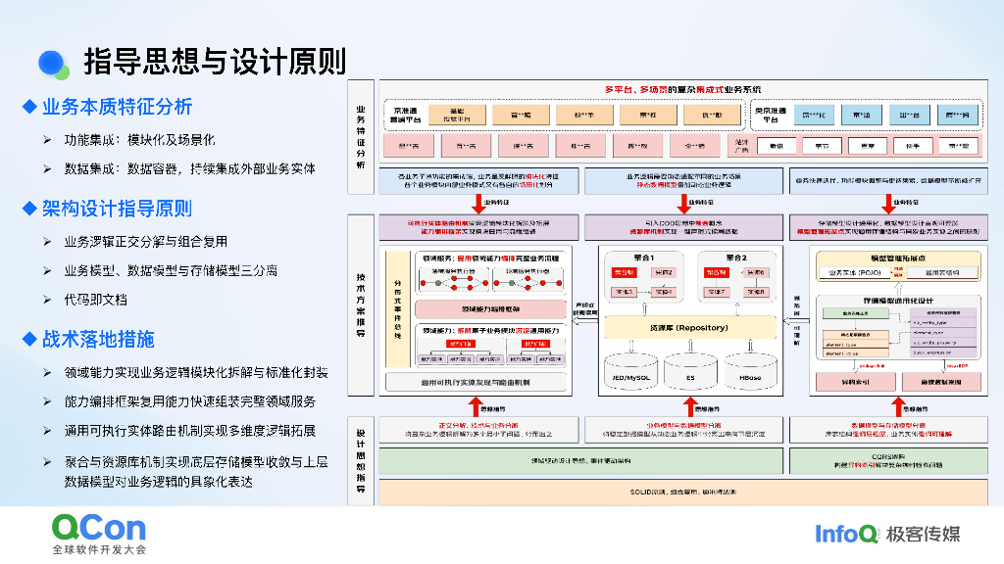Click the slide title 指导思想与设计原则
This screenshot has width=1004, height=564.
[215, 62]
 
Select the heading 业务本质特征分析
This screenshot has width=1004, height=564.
[117, 107]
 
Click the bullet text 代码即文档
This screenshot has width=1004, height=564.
[95, 299]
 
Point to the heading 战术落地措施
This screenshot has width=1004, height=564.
[97, 340]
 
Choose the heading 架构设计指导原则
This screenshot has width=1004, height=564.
[117, 209]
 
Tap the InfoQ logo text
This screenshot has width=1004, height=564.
[846, 534]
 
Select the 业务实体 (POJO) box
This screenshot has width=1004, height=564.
[853, 272]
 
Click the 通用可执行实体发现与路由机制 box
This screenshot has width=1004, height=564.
[477, 381]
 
